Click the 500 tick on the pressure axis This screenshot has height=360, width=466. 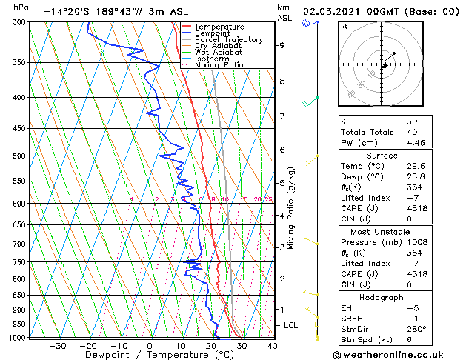tap(19, 156)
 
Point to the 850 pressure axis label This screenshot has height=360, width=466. tap(19, 295)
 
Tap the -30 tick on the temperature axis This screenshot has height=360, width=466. tap(58, 345)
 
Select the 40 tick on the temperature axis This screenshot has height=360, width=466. tap(273, 345)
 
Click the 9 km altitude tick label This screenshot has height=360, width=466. tap(282, 45)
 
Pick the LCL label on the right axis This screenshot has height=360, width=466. tap(291, 325)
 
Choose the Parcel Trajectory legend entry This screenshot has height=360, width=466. tap(228, 40)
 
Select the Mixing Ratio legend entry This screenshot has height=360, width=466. tap(219, 65)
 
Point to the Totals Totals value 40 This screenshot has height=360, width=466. tap(412, 132)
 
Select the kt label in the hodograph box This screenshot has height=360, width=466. tap(344, 26)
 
